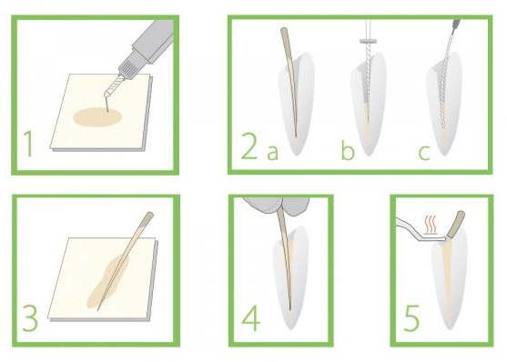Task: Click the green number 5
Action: click(x=411, y=317)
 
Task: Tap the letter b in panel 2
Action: click(x=347, y=149)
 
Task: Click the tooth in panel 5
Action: click(x=455, y=282)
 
